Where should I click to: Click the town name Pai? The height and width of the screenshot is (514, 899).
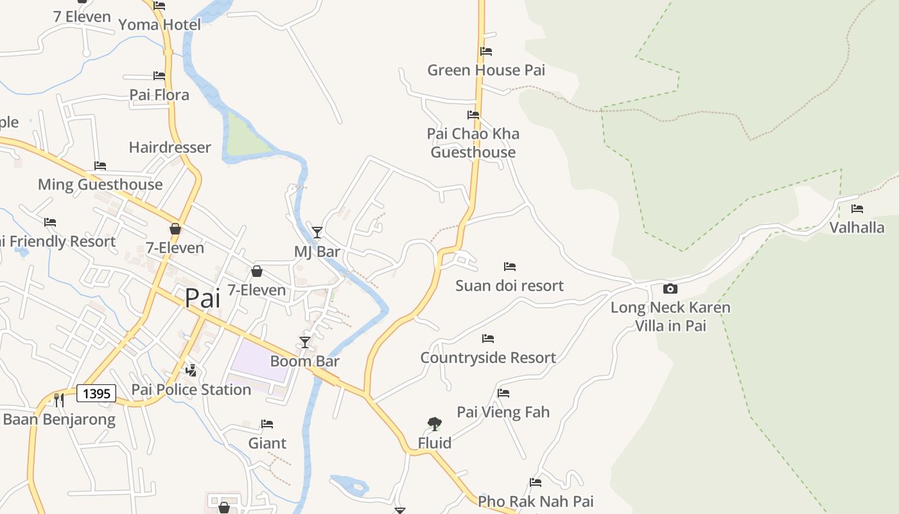pyautogui.click(x=202, y=298)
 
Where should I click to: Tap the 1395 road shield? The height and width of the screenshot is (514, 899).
pyautogui.click(x=96, y=393)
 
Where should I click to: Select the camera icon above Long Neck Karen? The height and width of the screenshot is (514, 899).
pyautogui.click(x=670, y=288)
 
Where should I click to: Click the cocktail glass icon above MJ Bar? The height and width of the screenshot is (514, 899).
pyautogui.click(x=317, y=232)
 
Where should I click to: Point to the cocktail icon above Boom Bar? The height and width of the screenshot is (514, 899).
pyautogui.click(x=305, y=342)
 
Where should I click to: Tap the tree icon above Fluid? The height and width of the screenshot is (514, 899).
pyautogui.click(x=435, y=423)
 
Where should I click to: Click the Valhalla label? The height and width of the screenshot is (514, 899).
pyautogui.click(x=857, y=227)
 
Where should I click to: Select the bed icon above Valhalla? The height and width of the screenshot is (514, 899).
pyautogui.click(x=857, y=209)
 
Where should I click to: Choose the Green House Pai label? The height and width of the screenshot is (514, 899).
pyautogui.click(x=486, y=70)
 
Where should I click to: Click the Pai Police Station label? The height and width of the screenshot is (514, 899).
pyautogui.click(x=191, y=390)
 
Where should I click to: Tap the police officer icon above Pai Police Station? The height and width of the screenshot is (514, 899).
pyautogui.click(x=191, y=370)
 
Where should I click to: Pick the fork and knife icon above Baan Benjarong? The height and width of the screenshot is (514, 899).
pyautogui.click(x=58, y=400)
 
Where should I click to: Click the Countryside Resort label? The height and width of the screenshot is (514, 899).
pyautogui.click(x=488, y=358)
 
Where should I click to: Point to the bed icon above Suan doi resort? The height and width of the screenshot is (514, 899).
pyautogui.click(x=510, y=266)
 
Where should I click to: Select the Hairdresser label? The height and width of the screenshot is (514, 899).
pyautogui.click(x=170, y=148)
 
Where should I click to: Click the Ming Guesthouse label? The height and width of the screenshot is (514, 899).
pyautogui.click(x=100, y=185)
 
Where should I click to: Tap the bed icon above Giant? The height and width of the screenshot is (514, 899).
pyautogui.click(x=267, y=424)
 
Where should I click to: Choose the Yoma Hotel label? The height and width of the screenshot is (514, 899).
pyautogui.click(x=159, y=25)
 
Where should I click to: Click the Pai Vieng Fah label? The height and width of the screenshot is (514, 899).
pyautogui.click(x=503, y=412)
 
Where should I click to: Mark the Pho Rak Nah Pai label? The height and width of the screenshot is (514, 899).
pyautogui.click(x=536, y=501)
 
